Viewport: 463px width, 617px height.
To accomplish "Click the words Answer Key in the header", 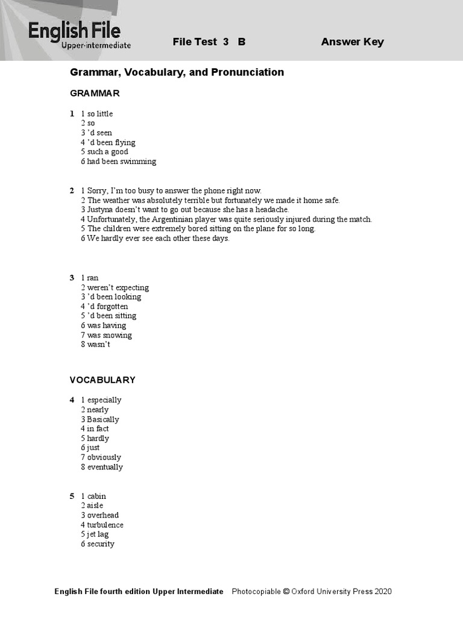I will tap(352, 42).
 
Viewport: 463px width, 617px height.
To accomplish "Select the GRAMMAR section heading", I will tap(95, 93).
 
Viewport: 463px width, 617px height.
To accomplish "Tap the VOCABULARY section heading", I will tap(102, 380).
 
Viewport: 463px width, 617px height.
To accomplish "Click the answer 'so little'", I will tap(100, 114).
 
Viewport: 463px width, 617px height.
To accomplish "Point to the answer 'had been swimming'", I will tap(121, 161).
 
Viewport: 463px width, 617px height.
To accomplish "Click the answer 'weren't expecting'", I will tap(118, 287).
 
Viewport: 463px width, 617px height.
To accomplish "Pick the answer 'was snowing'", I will tap(109, 335).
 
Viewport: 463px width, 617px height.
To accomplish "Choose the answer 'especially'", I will tap(104, 400).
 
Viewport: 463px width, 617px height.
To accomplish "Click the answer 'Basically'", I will tap(103, 419).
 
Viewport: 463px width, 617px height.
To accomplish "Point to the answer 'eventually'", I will tap(105, 467).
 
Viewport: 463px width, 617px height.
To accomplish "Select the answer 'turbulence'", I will tap(105, 525).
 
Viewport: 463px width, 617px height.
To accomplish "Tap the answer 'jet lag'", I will tap(98, 534).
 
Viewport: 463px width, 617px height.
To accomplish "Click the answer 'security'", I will tap(101, 544).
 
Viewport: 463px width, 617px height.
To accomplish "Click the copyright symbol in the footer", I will tap(286, 592).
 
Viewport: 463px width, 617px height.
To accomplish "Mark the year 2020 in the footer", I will tap(383, 592).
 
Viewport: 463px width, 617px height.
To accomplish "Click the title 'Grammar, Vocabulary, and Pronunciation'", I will tap(177, 72).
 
